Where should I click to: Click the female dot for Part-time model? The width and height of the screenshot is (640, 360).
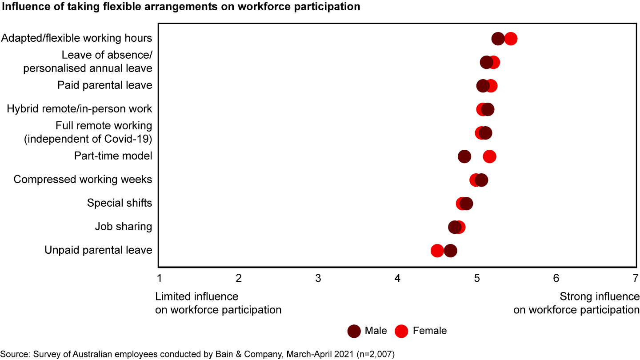coord(489,156)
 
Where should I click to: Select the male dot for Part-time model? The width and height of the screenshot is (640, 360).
coord(464,156)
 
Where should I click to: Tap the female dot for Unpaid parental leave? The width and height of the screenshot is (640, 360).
coord(437,251)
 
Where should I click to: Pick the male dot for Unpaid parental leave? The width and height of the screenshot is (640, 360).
coord(451,251)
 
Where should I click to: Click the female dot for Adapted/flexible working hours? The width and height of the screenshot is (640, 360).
coord(511,39)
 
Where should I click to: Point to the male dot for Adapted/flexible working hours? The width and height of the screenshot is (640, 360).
coord(498,39)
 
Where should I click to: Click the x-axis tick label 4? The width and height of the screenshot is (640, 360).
coord(397,279)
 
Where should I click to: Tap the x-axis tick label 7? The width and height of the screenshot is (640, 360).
coord(636,279)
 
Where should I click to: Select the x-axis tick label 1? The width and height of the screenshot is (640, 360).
coord(159,279)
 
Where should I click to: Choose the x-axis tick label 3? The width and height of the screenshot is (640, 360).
coord(318,279)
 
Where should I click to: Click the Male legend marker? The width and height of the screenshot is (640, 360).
coord(354,331)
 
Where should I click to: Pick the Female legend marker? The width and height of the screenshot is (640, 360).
coord(402,331)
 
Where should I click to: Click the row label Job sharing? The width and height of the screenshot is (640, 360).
coord(124,227)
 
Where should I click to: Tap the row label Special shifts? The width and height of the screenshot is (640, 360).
coord(120,203)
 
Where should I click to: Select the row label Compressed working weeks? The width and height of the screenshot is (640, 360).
coord(83,180)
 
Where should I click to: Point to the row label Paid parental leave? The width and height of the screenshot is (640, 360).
coord(105,85)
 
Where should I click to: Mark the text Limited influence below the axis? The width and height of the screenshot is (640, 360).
coord(196,296)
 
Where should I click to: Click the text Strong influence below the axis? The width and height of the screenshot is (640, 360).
coord(600,296)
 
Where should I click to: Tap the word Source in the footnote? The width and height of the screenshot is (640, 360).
coord(13,354)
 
